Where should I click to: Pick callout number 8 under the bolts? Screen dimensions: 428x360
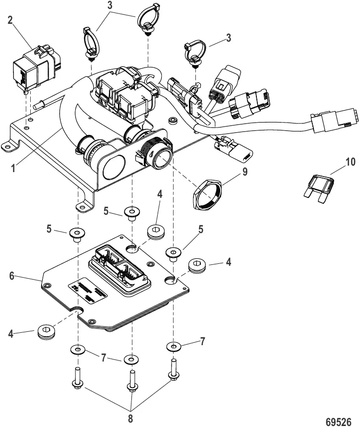131,418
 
